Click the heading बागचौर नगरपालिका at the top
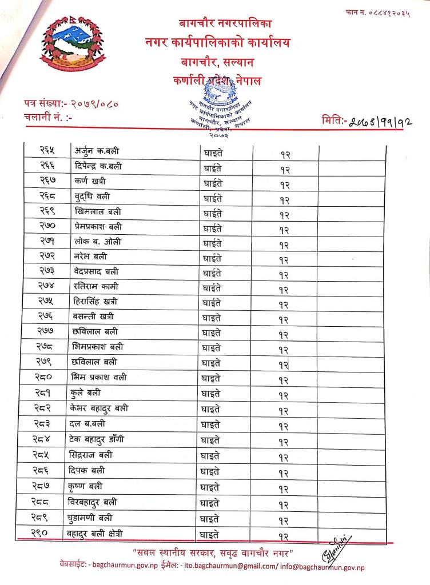[217, 23]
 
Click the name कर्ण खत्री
[90, 181]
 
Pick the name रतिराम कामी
[96, 286]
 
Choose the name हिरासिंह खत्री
[98, 301]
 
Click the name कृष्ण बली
[92, 486]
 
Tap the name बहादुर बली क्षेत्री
[102, 534]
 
